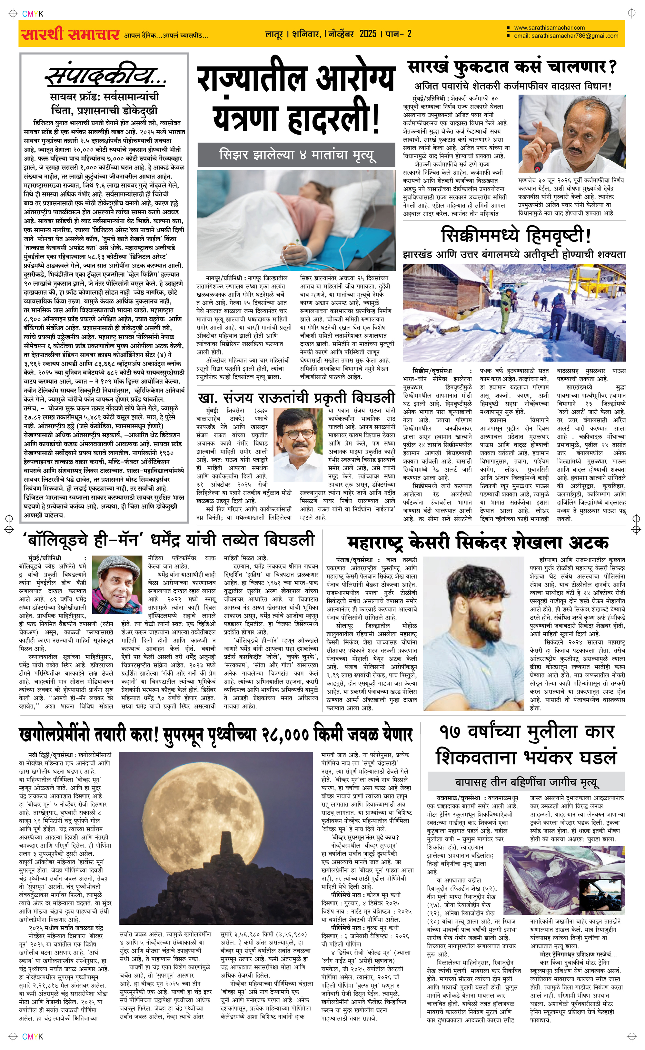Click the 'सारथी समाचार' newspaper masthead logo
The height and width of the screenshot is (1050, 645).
click(70, 34)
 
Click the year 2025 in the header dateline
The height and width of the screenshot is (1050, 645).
click(368, 34)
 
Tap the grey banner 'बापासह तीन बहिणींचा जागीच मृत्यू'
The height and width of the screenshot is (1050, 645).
click(526, 782)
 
